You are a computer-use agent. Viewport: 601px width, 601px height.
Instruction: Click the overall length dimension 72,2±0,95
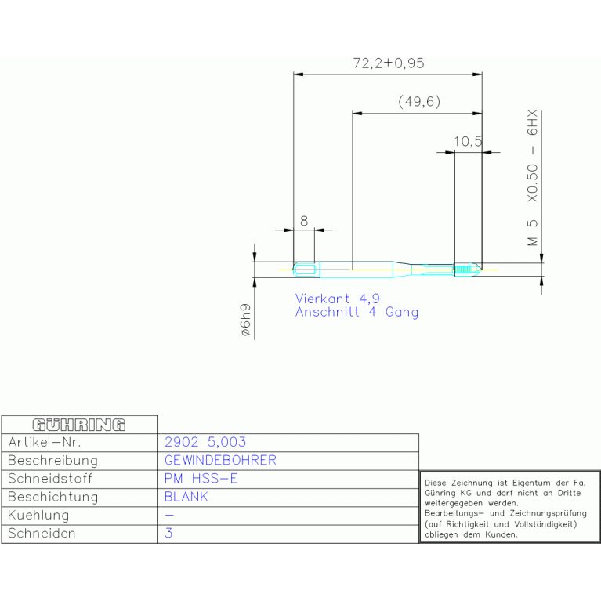click(x=388, y=63)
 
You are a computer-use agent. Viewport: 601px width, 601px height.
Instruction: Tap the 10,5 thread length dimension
click(x=468, y=141)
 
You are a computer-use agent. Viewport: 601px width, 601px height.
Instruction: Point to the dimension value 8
click(x=304, y=221)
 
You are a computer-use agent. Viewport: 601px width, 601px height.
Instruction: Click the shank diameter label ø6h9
click(x=245, y=320)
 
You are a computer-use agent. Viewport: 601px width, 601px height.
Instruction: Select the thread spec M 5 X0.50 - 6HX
click(x=533, y=179)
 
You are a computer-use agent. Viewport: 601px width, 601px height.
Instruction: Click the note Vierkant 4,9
click(x=337, y=299)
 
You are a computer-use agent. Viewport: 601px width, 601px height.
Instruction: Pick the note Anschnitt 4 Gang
click(x=357, y=312)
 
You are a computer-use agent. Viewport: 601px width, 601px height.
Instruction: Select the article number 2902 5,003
click(x=205, y=443)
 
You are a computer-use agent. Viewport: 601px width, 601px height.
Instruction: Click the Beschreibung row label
click(x=52, y=461)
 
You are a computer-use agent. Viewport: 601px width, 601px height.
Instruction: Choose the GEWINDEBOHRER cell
click(x=220, y=461)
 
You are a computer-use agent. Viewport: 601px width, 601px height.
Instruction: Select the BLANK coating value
click(x=186, y=497)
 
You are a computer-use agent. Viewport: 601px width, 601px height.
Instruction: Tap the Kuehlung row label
click(x=38, y=516)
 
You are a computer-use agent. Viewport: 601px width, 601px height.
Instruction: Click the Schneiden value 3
click(x=169, y=534)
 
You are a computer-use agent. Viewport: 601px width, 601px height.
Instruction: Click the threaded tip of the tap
click(x=468, y=270)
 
